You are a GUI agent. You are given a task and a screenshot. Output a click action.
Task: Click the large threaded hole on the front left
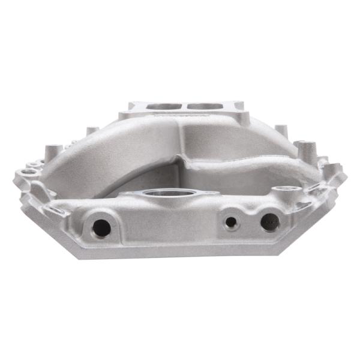pos(101,227)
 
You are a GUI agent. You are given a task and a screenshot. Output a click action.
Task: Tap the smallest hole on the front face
pos(230,221)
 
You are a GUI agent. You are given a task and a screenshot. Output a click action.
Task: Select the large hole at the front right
pos(269,222)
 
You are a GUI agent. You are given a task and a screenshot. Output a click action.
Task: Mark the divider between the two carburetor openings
pos(182,106)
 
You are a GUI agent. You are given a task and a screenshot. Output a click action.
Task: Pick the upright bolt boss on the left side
pos(52,147)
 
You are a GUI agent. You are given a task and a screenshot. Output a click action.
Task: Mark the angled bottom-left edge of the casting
pos(54,237)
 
